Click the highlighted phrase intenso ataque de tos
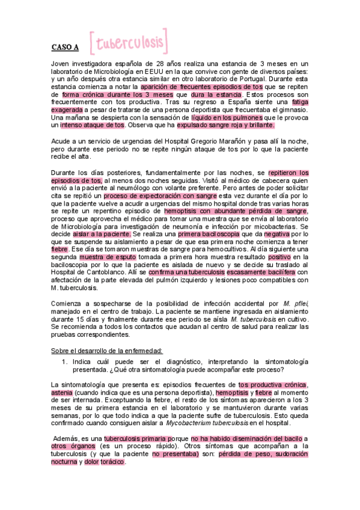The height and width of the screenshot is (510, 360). click(x=93, y=126)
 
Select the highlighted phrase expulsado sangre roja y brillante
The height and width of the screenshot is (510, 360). click(x=226, y=126)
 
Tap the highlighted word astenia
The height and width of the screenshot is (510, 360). click(x=63, y=392)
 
